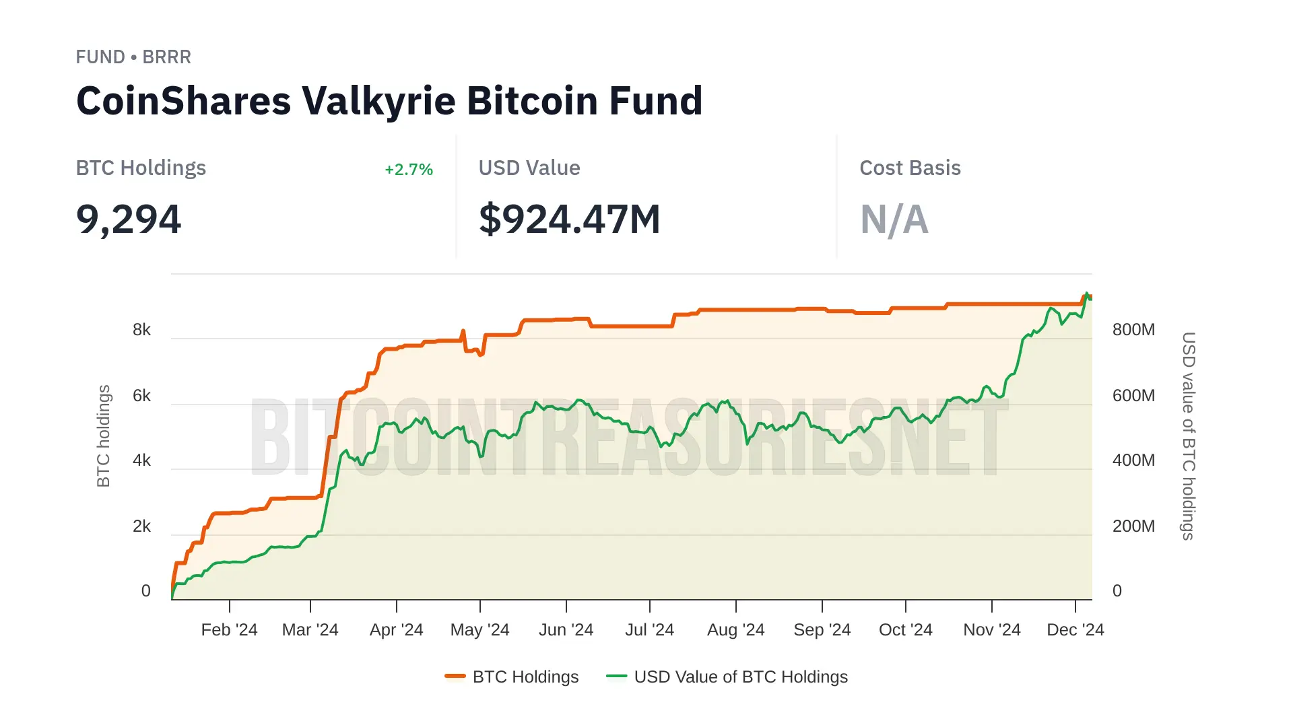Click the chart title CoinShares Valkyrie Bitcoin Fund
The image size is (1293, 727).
click(x=389, y=101)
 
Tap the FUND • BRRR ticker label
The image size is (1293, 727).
click(x=133, y=57)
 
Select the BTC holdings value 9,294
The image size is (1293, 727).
click(x=129, y=219)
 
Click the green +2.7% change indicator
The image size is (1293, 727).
click(x=408, y=170)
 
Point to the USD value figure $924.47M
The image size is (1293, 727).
click(x=569, y=219)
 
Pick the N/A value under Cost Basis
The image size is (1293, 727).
click(x=894, y=219)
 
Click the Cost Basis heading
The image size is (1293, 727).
click(x=910, y=168)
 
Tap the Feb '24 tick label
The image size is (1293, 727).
click(x=229, y=630)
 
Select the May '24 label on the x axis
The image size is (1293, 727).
click(x=479, y=630)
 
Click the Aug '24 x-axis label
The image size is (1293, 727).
click(x=735, y=630)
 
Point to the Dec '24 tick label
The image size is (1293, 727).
click(x=1075, y=630)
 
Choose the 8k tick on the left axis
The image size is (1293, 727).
click(x=141, y=330)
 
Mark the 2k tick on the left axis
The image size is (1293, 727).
click(x=141, y=526)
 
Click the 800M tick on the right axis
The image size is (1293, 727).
click(x=1133, y=330)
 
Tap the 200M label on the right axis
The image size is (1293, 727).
click(x=1133, y=526)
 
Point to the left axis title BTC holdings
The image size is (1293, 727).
click(x=103, y=436)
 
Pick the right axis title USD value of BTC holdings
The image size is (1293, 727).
click(x=1189, y=436)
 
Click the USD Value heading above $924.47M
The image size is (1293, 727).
click(x=529, y=168)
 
